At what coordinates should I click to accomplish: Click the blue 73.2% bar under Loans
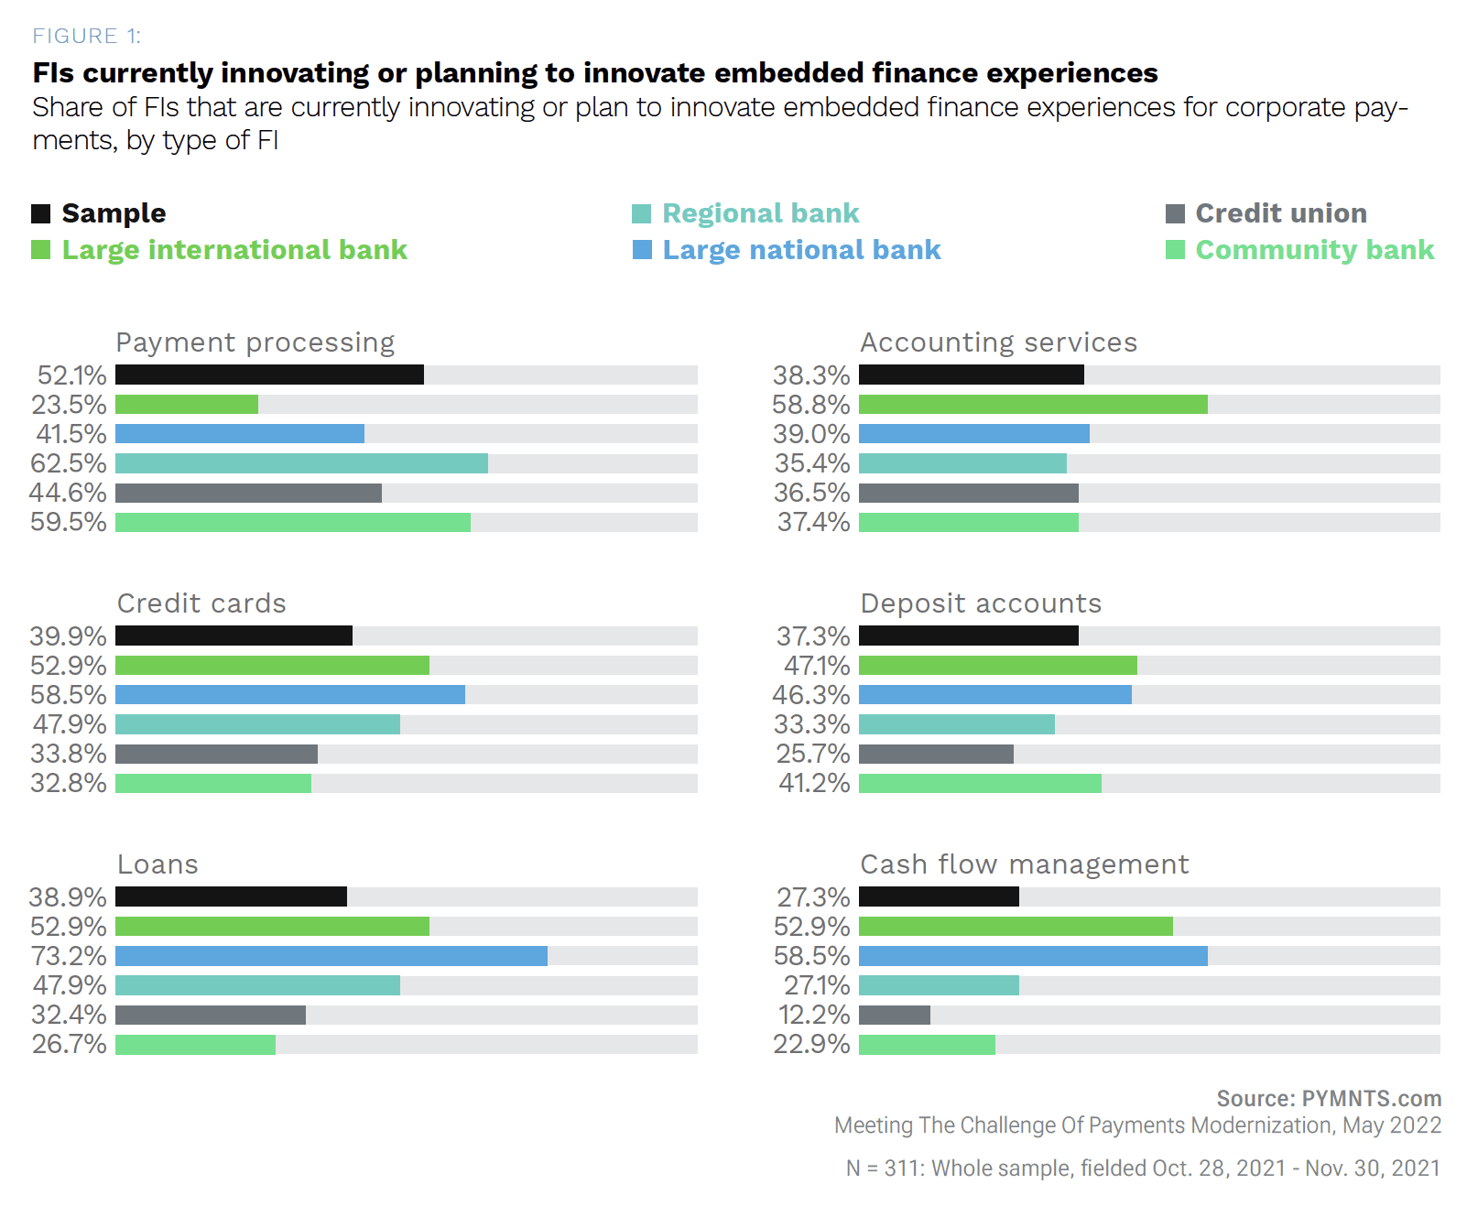tap(331, 956)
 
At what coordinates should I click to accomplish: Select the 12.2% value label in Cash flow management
tap(813, 1015)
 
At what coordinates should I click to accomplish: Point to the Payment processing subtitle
tap(255, 342)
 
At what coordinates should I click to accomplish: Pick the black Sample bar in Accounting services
tap(971, 375)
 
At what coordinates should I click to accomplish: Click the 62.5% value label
tap(69, 463)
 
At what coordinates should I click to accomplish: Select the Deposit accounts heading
tap(981, 603)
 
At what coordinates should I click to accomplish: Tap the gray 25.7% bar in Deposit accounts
tap(936, 754)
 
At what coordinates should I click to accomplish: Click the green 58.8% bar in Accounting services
tap(1033, 404)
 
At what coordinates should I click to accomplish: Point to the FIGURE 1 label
tap(86, 36)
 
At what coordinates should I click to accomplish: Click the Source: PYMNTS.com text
tap(1328, 1098)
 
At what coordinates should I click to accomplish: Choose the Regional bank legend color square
tap(641, 214)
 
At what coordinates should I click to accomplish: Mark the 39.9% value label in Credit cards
tap(69, 636)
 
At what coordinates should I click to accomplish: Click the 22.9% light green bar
tap(927, 1044)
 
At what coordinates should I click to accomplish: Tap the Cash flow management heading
tap(1024, 864)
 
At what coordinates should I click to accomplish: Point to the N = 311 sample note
tap(1142, 1168)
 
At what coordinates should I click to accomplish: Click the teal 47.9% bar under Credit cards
tap(257, 724)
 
